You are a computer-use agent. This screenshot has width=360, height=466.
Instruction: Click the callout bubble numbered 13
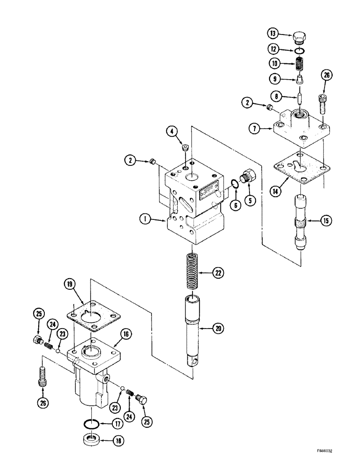coord(273,33)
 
